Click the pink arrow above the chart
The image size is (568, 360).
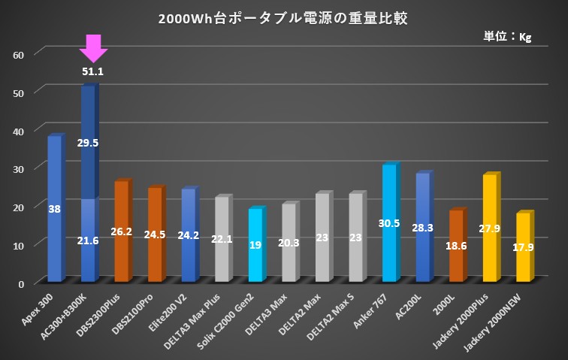[93, 47]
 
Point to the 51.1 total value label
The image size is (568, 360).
[93, 72]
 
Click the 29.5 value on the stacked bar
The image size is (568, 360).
[88, 143]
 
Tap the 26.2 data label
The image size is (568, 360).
[121, 231]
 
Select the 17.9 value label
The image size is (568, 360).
[524, 247]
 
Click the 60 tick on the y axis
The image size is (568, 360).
[20, 54]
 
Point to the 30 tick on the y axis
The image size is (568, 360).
[20, 169]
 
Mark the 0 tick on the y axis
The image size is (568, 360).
[23, 283]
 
